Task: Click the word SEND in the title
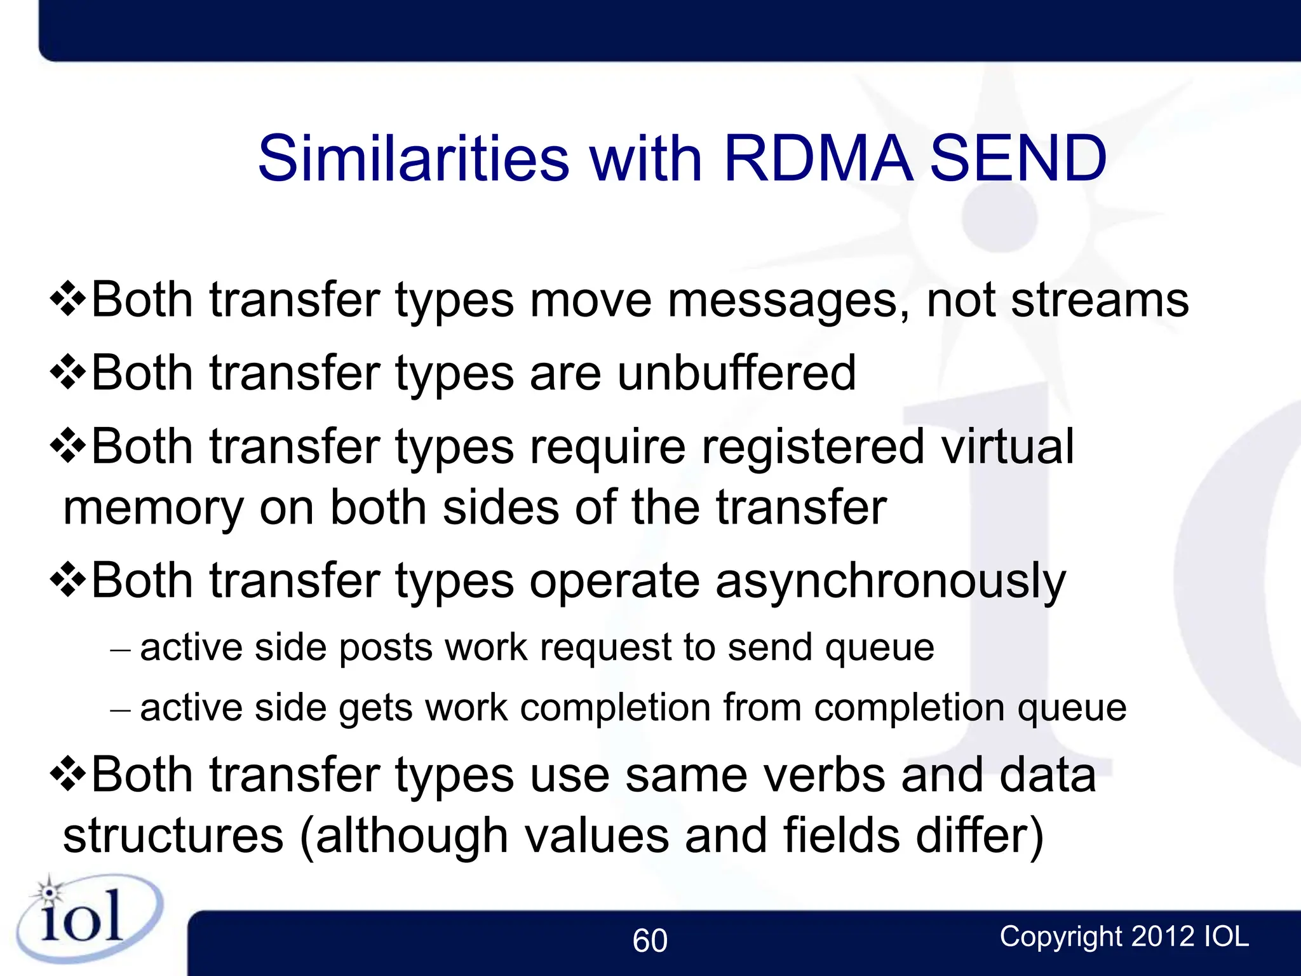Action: click(x=1018, y=158)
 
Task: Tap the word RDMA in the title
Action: click(x=818, y=158)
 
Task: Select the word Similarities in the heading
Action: click(x=414, y=158)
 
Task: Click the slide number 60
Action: click(x=650, y=940)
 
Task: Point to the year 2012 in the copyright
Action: click(x=1163, y=937)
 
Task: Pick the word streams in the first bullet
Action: click(x=1099, y=300)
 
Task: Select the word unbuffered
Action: click(x=736, y=373)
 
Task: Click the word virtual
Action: click(x=1008, y=447)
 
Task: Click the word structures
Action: click(x=173, y=836)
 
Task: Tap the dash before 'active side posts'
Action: click(x=120, y=650)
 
